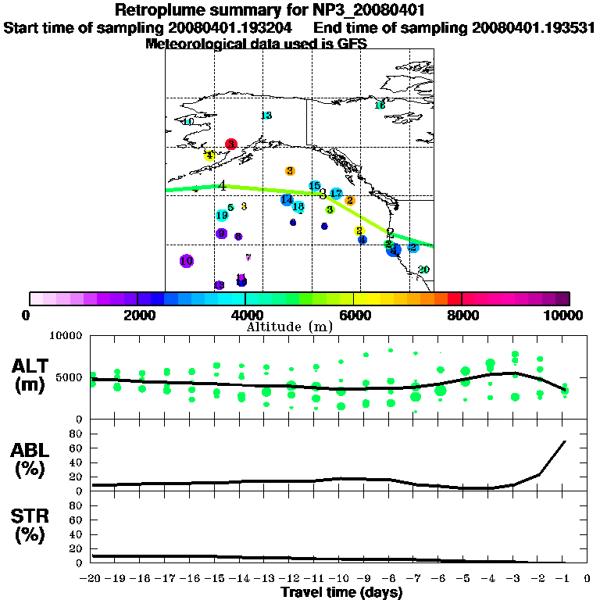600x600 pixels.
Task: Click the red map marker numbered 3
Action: pyautogui.click(x=230, y=144)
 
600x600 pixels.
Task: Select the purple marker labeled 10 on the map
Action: pyautogui.click(x=186, y=261)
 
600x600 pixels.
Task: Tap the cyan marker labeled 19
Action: pyautogui.click(x=222, y=215)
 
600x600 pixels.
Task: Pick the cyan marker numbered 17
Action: pyautogui.click(x=336, y=193)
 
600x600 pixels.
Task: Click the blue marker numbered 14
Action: pyautogui.click(x=287, y=200)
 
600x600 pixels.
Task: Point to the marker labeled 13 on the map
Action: pyautogui.click(x=266, y=116)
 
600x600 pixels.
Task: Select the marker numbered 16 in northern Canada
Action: pyautogui.click(x=380, y=105)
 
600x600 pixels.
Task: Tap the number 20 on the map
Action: pyautogui.click(x=423, y=270)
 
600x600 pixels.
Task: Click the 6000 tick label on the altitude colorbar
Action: pyautogui.click(x=354, y=315)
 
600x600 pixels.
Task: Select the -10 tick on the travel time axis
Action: pyautogui.click(x=340, y=578)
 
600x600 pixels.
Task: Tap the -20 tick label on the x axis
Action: pyautogui.click(x=91, y=578)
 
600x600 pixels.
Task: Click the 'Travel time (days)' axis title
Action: pyautogui.click(x=341, y=592)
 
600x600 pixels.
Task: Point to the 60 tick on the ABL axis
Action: pyautogui.click(x=77, y=448)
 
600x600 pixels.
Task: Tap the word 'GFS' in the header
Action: pyautogui.click(x=350, y=45)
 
